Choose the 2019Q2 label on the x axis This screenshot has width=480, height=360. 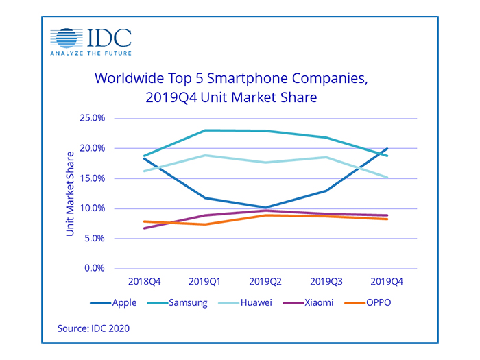(265, 283)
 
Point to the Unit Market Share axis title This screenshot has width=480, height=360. (71, 193)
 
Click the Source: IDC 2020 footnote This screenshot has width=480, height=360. (94, 328)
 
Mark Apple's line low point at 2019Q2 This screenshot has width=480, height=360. (265, 207)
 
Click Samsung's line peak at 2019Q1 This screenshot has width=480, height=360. (204, 130)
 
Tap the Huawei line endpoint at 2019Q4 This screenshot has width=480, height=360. (388, 177)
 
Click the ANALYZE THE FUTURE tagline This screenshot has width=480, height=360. (91, 52)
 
